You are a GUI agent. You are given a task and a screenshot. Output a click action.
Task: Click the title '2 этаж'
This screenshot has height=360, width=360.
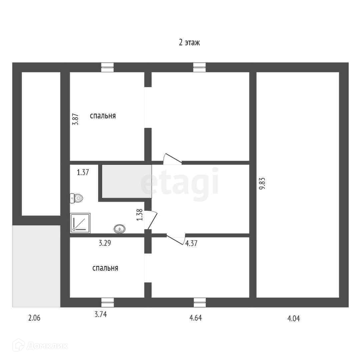point(189,43)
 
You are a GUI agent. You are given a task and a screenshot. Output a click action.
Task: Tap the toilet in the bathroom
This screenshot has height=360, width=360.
point(77,198)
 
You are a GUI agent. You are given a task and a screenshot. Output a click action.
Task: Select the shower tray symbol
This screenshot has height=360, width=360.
point(80,223)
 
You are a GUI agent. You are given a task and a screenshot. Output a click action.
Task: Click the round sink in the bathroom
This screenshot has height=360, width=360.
point(119,229)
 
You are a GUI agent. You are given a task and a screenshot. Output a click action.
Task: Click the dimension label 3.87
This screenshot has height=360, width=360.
point(76,119)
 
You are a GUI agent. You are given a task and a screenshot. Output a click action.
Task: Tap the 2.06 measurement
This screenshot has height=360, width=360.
point(34,318)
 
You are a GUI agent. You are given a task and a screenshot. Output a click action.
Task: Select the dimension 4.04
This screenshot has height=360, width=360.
point(293,318)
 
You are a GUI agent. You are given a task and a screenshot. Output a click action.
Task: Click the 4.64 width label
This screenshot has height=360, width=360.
point(196,318)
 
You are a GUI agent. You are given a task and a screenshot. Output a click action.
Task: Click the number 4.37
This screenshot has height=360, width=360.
point(191,243)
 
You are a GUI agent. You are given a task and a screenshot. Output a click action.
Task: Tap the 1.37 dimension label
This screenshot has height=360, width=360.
point(83,173)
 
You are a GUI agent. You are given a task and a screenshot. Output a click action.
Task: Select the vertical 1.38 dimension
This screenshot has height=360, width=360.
point(140,215)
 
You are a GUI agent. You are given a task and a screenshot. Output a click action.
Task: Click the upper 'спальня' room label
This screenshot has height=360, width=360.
point(103,116)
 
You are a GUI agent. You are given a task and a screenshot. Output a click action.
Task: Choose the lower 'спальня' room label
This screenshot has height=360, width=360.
point(105,268)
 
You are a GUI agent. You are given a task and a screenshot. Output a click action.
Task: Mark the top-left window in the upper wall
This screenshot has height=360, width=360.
point(107,67)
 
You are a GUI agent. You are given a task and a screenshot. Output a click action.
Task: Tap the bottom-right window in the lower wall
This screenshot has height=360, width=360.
point(200,302)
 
